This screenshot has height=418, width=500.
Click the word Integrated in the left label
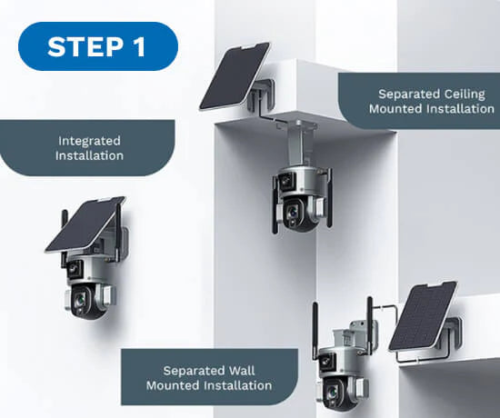[x=89, y=140]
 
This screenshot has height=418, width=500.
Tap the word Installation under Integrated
[x=89, y=155]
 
